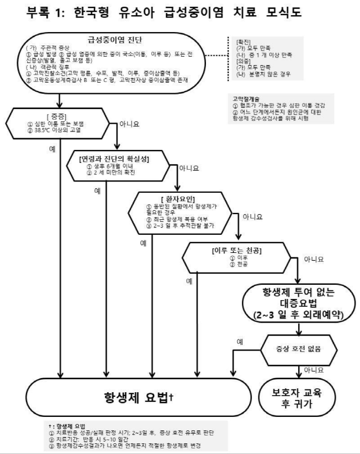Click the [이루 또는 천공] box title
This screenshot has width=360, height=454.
pyautogui.click(x=236, y=249)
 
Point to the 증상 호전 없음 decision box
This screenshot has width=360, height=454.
pyautogui.click(x=299, y=348)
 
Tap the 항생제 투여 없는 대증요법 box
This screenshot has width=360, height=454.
pyautogui.click(x=299, y=305)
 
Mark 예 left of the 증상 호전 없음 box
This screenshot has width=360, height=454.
pyautogui.click(x=240, y=341)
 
